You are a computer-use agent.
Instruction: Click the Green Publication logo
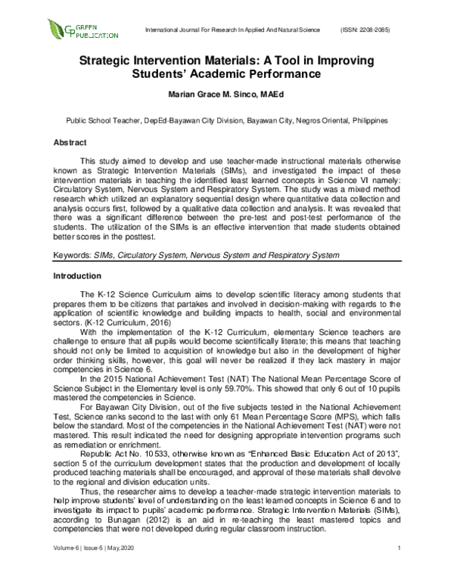(x=82, y=30)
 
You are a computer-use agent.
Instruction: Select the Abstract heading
(x=70, y=142)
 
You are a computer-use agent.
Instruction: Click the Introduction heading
(x=76, y=276)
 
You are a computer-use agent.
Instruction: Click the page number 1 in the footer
(x=397, y=568)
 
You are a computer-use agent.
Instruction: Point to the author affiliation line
(x=227, y=120)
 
